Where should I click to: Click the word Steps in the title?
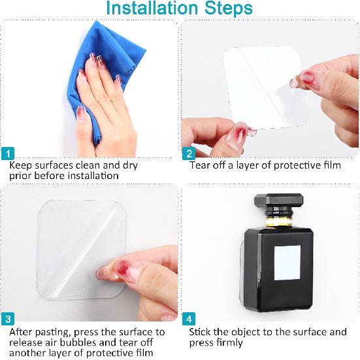coord(227,9)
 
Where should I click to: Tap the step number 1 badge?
coord(7,154)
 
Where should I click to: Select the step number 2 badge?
coord(189,154)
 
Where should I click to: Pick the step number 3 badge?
coord(7,319)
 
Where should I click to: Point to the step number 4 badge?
coord(189,319)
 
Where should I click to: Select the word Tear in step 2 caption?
coord(200,165)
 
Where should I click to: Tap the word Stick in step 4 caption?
coord(201,332)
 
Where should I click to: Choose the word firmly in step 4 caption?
coord(229,343)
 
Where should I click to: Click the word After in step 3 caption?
coord(22,332)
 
